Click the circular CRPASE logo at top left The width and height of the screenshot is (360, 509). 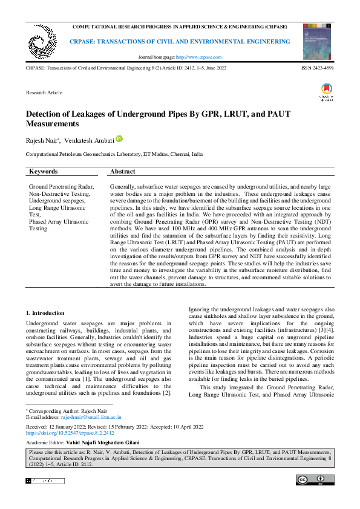click(x=41, y=41)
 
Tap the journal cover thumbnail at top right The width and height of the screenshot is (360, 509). click(x=316, y=42)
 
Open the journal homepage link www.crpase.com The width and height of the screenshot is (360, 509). click(x=198, y=57)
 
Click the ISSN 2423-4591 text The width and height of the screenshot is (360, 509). click(x=317, y=68)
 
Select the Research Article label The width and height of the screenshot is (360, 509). click(x=44, y=92)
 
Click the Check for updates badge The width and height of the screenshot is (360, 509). click(x=326, y=92)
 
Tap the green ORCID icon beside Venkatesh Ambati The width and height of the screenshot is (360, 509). click(x=119, y=139)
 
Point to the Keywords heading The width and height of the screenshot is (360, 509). click(x=44, y=172)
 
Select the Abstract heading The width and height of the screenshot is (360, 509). click(x=123, y=172)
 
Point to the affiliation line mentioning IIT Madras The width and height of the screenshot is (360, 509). click(x=114, y=155)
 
